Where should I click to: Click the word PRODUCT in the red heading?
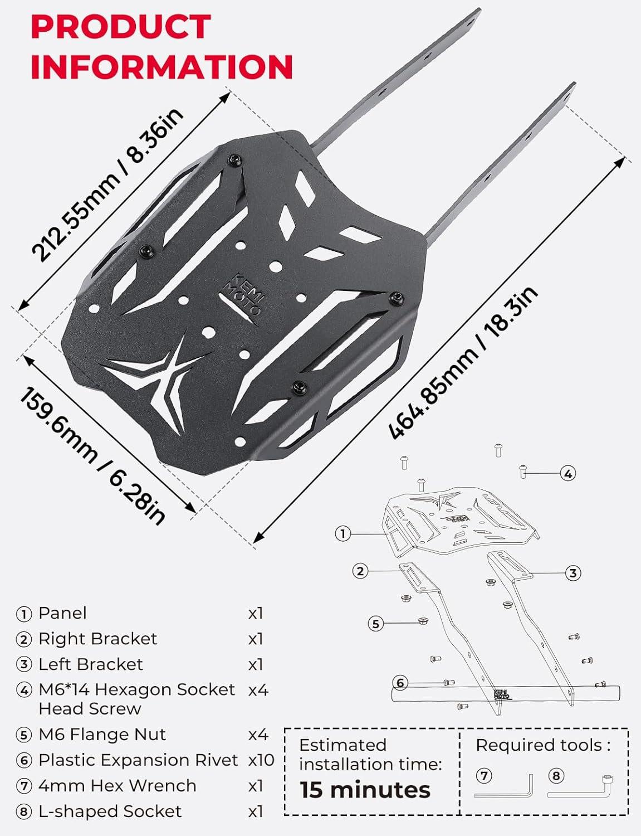click(x=121, y=27)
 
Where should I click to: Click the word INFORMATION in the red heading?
click(x=162, y=66)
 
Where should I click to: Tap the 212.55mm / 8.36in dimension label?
click(x=107, y=184)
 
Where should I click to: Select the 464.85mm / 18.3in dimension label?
click(x=463, y=363)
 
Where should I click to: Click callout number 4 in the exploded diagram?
click(x=568, y=473)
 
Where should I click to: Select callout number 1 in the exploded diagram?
click(x=343, y=533)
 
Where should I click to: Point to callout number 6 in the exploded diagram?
click(x=400, y=683)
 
